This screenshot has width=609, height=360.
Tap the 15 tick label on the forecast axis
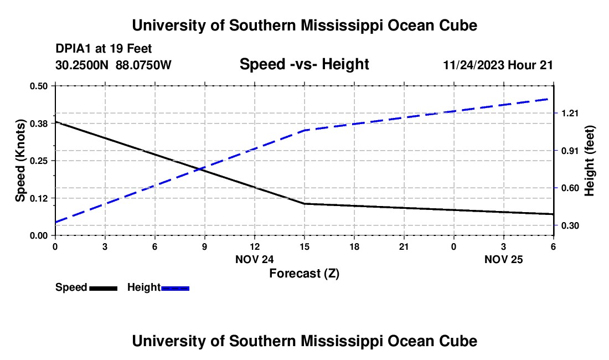click(304, 246)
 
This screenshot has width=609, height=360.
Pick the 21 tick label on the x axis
click(404, 246)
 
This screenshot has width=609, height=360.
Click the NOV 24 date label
click(254, 259)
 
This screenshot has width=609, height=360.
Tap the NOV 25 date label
click(503, 259)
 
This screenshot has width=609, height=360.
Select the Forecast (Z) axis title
click(304, 273)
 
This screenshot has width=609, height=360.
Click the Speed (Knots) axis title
click(20, 161)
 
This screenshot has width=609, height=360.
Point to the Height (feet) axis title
click(590, 161)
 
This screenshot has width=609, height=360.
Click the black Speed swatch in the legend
click(103, 288)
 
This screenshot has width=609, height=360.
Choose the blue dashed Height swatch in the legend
click(176, 288)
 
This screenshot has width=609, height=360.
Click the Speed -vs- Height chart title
click(304, 65)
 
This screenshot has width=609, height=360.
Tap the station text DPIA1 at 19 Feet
click(104, 49)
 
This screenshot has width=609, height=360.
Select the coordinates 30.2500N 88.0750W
click(113, 65)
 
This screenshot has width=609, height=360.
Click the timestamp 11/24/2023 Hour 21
click(498, 65)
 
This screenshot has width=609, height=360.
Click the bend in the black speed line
click(304, 204)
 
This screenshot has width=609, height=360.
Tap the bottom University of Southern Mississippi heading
click(304, 341)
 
